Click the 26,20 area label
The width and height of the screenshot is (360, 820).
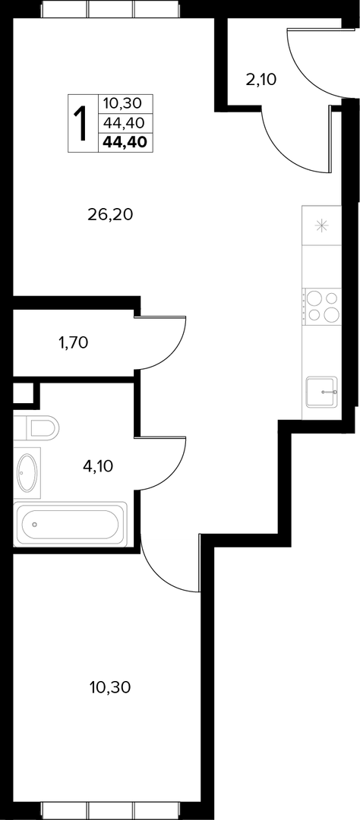[x=110, y=214]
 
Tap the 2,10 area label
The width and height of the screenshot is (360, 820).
[x=261, y=80]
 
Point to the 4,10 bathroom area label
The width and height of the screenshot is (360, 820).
[x=99, y=465]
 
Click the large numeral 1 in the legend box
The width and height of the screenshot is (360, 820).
[x=82, y=124]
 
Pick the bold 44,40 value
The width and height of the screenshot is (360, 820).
[x=125, y=142]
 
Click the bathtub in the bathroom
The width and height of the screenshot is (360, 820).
[x=70, y=524]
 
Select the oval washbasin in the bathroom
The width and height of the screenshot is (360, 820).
[x=27, y=472]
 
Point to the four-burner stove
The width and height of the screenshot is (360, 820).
[x=322, y=306]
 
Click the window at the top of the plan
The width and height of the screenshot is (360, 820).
[x=110, y=9]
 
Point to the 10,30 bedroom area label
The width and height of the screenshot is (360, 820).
[x=110, y=687]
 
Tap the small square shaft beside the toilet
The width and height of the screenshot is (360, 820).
[x=23, y=393]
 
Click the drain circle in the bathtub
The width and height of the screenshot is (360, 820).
[x=34, y=524]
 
